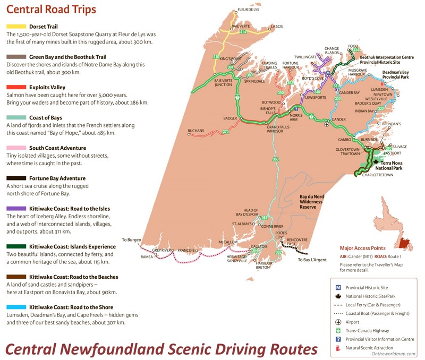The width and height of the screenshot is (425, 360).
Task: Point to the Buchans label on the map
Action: click(x=196, y=131)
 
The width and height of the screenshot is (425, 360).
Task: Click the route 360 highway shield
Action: click(x=275, y=159)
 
